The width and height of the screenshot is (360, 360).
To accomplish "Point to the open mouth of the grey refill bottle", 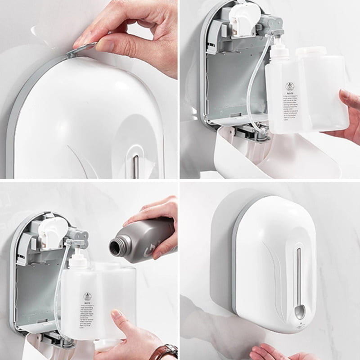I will point(116,247).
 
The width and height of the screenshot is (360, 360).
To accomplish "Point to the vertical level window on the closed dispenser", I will point(298,274).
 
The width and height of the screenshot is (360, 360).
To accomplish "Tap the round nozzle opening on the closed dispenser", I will point(299,310).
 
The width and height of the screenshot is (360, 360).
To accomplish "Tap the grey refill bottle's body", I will point(148,241).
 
